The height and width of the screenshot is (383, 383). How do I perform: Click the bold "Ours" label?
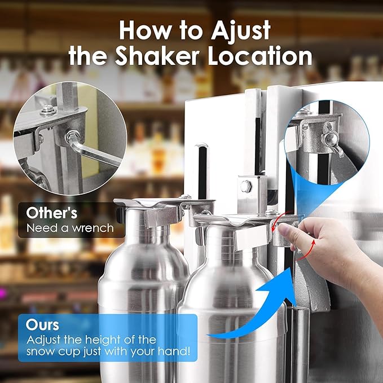(x=42, y=326)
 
